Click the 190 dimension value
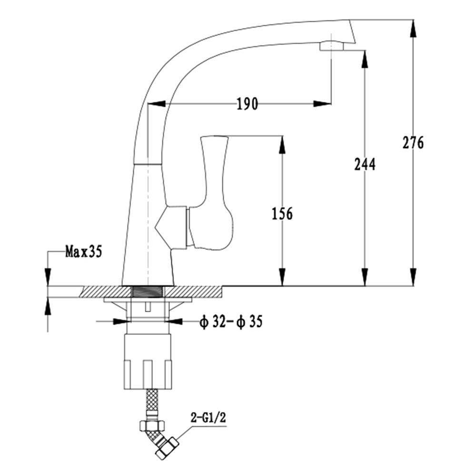click(247, 104)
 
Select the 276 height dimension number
click(413, 143)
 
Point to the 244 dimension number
click(365, 164)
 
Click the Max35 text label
click(84, 252)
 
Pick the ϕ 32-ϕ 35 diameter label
click(231, 322)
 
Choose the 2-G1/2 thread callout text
click(208, 418)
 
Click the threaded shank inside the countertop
click(148, 292)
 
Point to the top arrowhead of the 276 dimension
click(413, 29)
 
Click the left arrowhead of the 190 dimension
click(157, 103)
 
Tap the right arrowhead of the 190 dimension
click(322, 103)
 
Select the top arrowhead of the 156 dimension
click(282, 145)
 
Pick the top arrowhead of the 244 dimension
click(365, 59)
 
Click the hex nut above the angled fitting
click(153, 425)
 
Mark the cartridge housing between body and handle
click(171, 228)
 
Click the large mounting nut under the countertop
click(148, 362)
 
